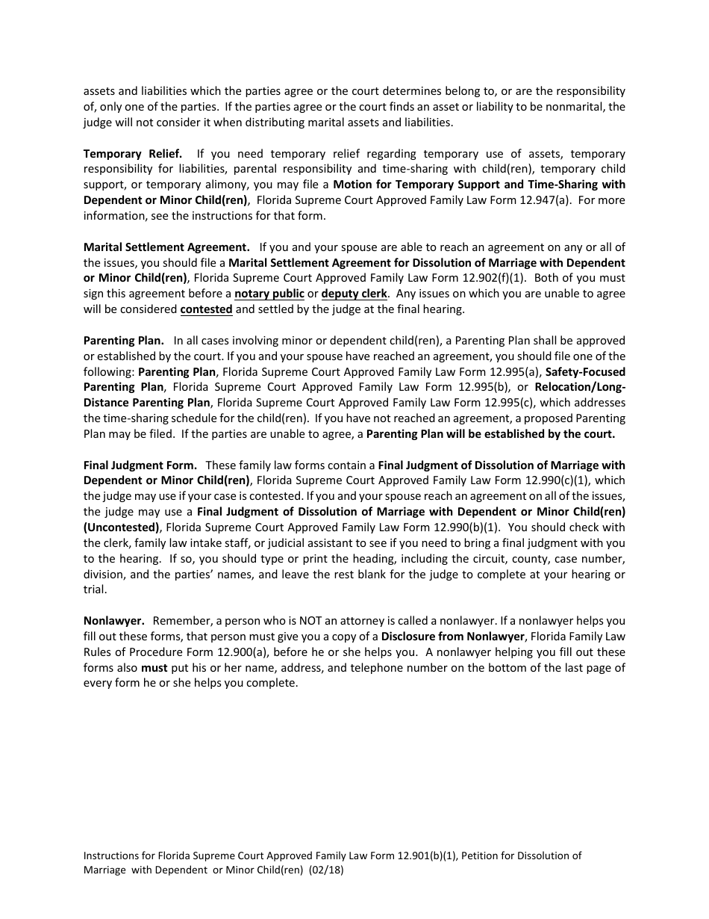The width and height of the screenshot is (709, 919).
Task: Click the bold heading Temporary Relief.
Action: [x=133, y=153]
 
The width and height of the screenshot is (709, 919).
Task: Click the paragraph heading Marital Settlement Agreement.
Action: [x=166, y=247]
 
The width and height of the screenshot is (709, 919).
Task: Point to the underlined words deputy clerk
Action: [x=354, y=294]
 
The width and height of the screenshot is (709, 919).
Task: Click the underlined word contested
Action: [x=207, y=309]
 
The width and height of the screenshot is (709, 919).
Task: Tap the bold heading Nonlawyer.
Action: [x=113, y=621]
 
